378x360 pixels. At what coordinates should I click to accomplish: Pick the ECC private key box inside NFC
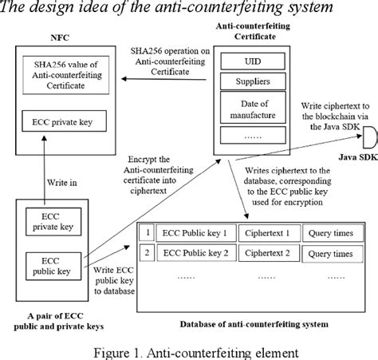65,124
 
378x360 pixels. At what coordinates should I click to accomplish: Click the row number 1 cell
147,234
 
